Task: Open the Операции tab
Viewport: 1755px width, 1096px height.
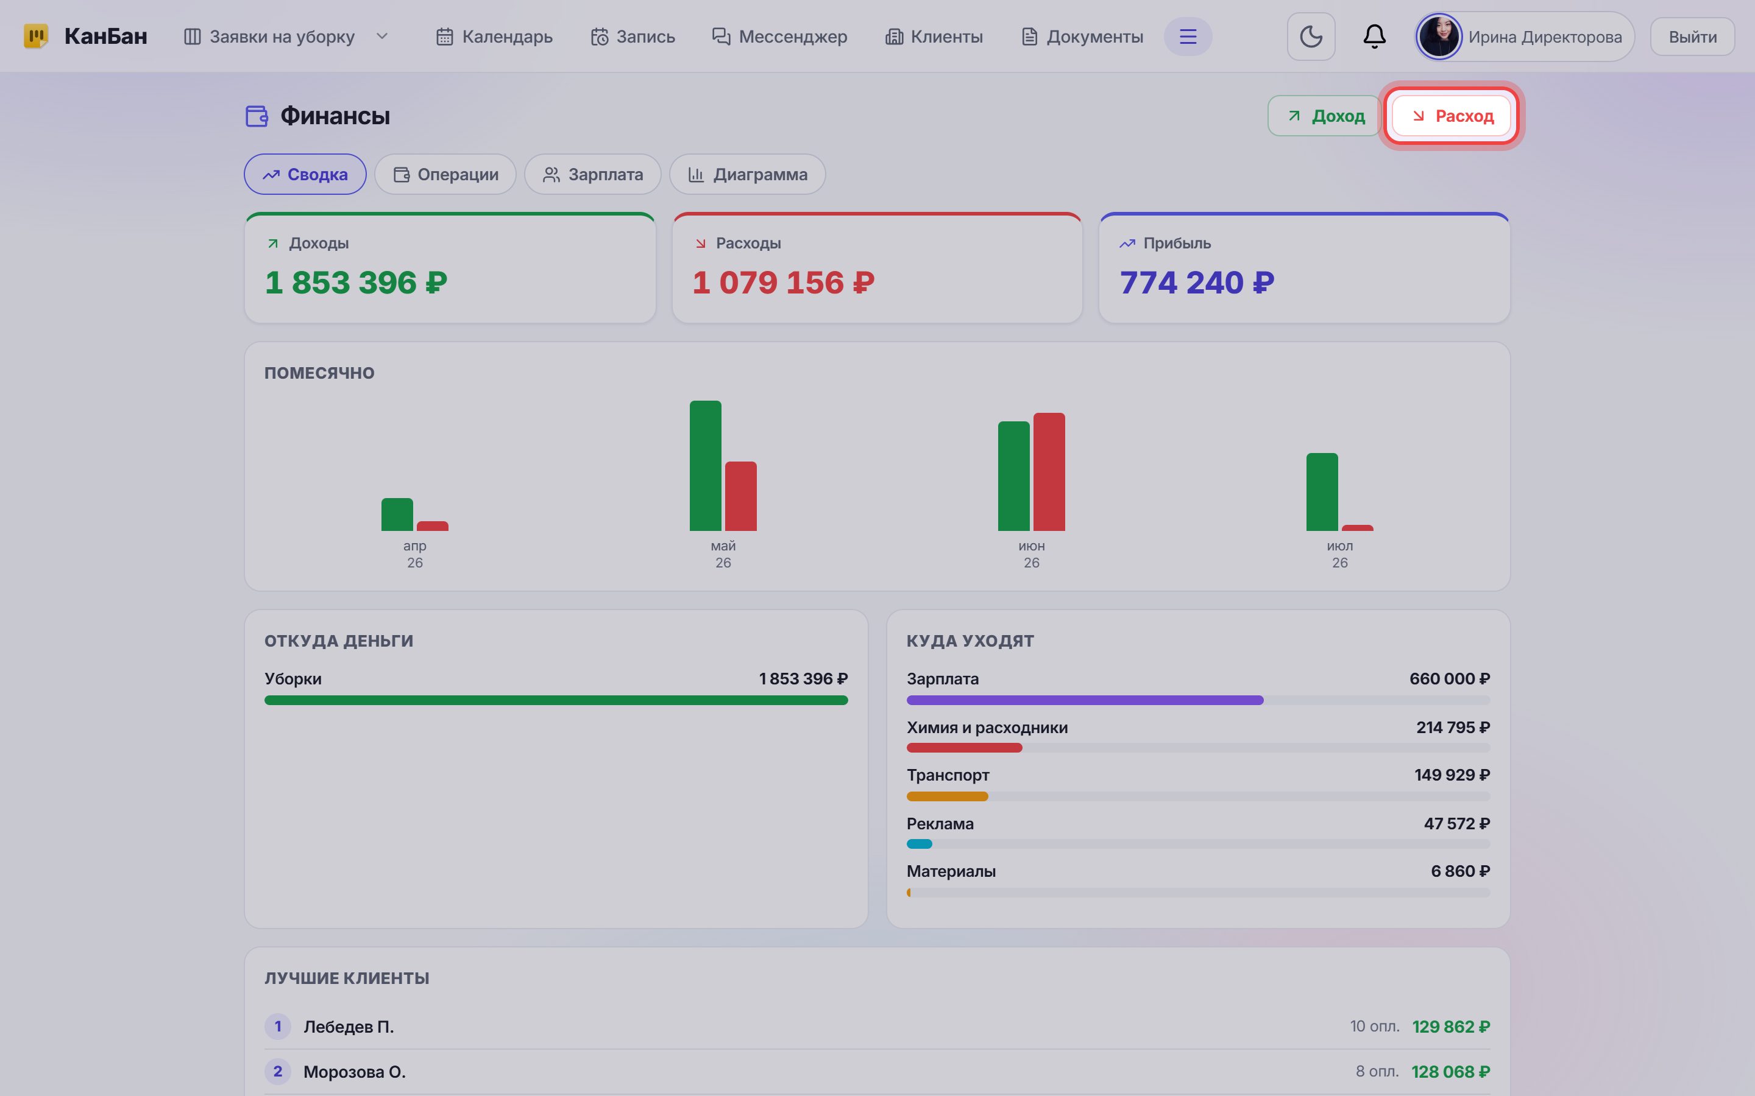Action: pos(445,174)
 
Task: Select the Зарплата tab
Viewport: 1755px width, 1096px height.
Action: pos(592,174)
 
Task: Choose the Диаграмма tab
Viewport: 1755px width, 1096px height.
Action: pos(747,174)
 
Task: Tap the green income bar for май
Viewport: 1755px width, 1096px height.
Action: pos(705,465)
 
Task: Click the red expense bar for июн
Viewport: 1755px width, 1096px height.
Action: pos(1049,472)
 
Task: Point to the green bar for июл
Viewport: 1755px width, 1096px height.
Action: pos(1321,492)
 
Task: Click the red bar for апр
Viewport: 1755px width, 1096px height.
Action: pos(432,526)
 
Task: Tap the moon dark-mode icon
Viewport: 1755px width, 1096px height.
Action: pos(1310,37)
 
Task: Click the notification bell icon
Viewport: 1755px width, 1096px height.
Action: pos(1374,37)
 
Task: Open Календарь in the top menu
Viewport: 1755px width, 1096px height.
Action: pos(494,37)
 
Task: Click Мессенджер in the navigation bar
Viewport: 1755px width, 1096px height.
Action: pos(779,37)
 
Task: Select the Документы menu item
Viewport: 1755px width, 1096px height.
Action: pos(1082,37)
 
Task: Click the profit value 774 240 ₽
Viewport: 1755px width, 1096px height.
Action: pos(1197,283)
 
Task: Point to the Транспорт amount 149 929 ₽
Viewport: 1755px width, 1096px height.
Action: pos(1452,775)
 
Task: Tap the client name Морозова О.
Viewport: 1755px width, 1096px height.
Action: pos(354,1072)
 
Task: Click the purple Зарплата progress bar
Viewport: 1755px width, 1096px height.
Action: pos(1084,700)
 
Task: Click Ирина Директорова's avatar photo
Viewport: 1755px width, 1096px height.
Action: pos(1439,37)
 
